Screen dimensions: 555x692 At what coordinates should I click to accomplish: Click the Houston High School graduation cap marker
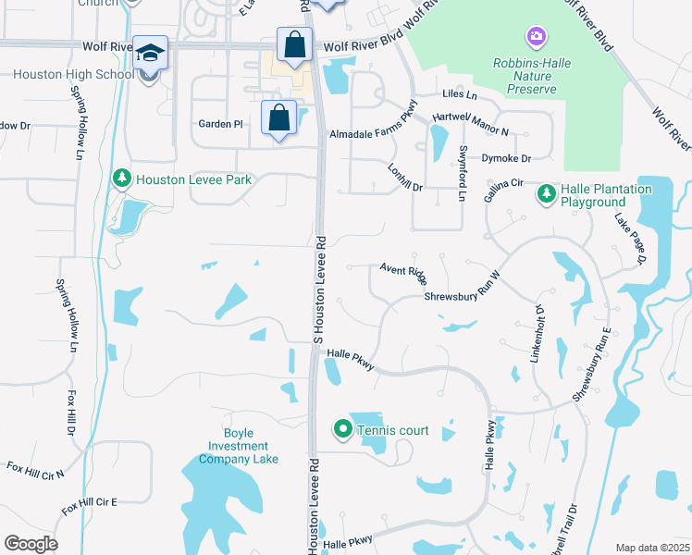(x=148, y=54)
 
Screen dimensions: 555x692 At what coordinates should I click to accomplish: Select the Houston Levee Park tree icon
(x=121, y=178)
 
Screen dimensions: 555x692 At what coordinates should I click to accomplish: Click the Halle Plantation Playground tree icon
(x=547, y=195)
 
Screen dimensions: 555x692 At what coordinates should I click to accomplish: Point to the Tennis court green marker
(x=343, y=428)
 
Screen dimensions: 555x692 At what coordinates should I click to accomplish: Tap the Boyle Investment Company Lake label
(x=238, y=446)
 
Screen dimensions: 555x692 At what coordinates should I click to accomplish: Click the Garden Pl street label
(x=220, y=123)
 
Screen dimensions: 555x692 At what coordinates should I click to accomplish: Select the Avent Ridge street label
(x=403, y=274)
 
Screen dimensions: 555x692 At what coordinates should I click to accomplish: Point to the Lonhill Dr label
(x=405, y=175)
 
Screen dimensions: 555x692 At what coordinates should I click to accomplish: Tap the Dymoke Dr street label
(x=507, y=159)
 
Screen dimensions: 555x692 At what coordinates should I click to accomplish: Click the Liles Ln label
(x=460, y=94)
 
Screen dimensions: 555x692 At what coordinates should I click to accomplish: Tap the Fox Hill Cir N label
(x=35, y=471)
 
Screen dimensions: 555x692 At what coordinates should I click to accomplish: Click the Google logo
(x=31, y=544)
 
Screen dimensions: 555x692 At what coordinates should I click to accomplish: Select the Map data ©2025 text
(x=651, y=548)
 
